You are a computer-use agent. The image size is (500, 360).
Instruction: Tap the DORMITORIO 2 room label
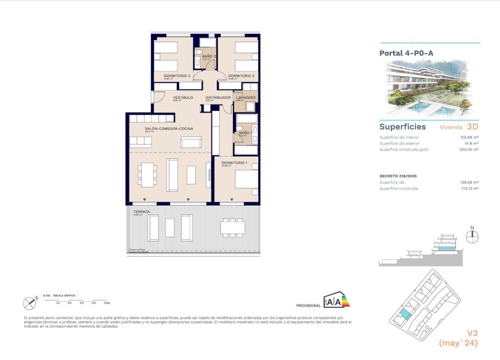click(241, 76)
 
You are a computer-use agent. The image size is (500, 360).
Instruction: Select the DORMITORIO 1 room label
click(234, 163)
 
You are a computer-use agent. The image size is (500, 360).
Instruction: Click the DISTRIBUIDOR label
click(218, 98)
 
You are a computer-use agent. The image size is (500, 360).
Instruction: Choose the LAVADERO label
click(245, 98)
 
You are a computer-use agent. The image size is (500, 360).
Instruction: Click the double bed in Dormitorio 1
click(243, 181)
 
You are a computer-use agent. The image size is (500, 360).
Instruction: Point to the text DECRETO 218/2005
click(397, 176)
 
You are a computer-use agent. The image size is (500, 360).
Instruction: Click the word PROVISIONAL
click(308, 305)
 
